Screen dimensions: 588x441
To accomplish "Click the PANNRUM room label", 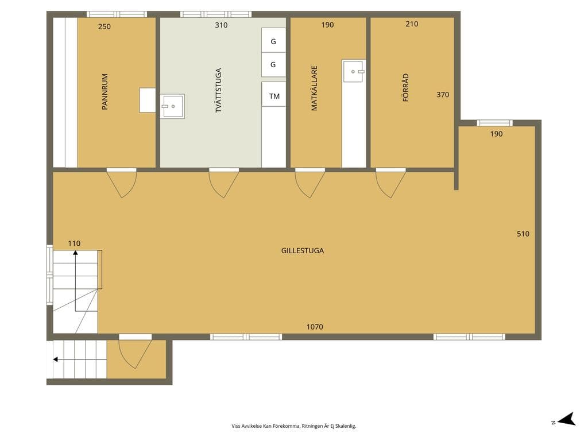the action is pos(105,92).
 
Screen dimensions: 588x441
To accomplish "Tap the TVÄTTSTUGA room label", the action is pos(218,90).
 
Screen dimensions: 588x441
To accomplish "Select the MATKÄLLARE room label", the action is pos(314,88).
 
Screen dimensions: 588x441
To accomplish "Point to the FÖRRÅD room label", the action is pos(405,87).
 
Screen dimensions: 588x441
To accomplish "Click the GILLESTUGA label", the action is pos(303,251).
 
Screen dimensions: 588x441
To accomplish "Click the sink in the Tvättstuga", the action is pos(172,106).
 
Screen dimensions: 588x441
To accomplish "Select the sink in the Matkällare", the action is pos(354,71).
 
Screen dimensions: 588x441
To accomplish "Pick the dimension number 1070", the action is pos(315,327).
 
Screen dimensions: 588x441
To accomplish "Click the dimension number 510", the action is pos(523,234).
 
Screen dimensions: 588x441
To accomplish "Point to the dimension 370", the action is pos(443,95).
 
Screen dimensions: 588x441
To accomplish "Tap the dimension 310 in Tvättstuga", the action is pos(221,25).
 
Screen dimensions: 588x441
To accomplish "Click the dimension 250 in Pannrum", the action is pos(105,26).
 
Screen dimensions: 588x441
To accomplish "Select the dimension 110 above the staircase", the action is pos(74,243).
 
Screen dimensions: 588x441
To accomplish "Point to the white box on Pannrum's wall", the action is pos(148,100).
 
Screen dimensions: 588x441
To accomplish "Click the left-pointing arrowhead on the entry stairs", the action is pos(55,359).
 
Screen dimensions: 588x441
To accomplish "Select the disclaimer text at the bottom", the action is pos(293,426).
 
